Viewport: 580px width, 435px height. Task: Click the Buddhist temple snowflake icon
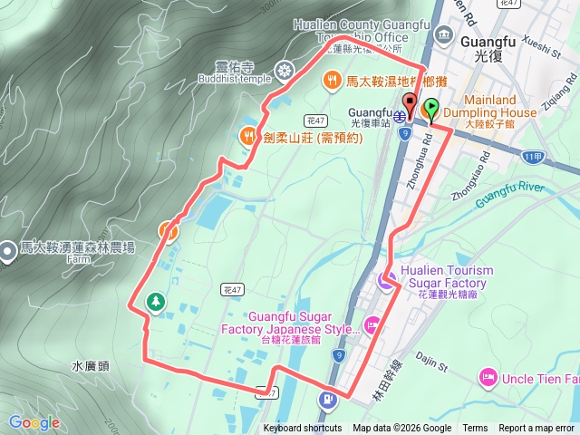(285, 70)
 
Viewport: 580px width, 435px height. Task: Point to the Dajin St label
(430, 363)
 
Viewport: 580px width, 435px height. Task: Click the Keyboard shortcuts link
(303, 429)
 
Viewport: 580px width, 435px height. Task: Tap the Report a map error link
(537, 429)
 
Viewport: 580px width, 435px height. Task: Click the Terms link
(475, 429)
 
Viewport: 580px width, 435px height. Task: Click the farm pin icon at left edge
(8, 247)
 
